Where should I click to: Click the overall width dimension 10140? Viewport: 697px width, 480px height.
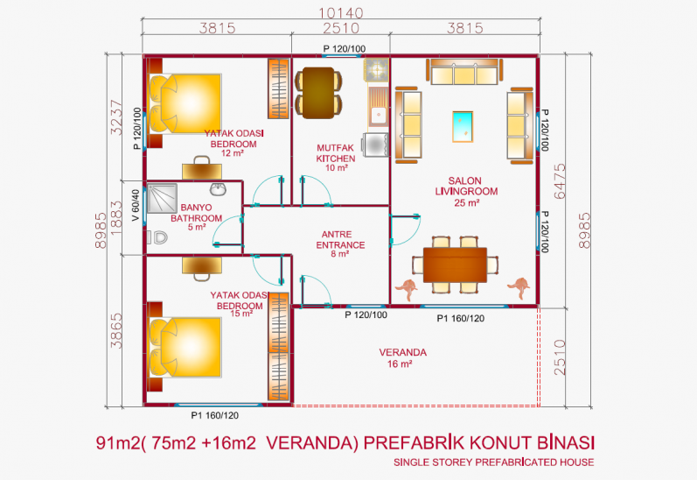click(x=341, y=13)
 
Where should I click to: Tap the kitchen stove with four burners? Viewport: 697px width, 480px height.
click(x=377, y=69)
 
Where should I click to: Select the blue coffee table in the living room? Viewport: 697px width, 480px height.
click(x=463, y=127)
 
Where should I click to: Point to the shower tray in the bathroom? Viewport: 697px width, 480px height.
click(x=163, y=198)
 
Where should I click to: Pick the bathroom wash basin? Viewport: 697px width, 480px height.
click(x=219, y=189)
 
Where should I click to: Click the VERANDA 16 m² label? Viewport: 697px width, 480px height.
click(x=403, y=358)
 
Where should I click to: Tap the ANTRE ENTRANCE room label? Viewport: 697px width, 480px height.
click(x=340, y=244)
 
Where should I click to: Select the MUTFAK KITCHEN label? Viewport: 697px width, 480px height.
click(x=336, y=158)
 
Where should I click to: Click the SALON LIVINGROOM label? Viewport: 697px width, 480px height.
click(x=466, y=192)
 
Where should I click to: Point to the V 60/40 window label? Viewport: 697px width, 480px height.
click(x=136, y=205)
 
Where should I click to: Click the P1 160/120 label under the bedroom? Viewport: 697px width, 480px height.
click(x=215, y=415)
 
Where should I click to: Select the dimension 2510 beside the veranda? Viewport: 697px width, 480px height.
click(x=560, y=357)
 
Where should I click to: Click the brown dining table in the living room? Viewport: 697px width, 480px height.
click(x=455, y=265)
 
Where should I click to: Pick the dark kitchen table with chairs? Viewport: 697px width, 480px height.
click(x=318, y=93)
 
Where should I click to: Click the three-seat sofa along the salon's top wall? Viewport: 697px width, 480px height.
click(x=464, y=71)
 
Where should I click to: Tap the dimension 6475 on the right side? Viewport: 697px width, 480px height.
click(x=560, y=181)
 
